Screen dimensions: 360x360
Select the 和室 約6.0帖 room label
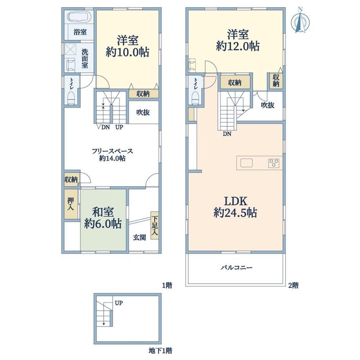(x=103, y=218)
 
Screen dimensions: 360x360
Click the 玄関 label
(x=140, y=238)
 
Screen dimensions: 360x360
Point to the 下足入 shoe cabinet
(x=155, y=225)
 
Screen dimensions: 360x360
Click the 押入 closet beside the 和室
(x=71, y=204)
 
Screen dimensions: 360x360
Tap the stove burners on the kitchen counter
(x=274, y=163)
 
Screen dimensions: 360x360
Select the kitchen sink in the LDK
(x=247, y=163)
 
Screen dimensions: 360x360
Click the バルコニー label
(x=236, y=268)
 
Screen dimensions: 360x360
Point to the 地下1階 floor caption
(x=160, y=351)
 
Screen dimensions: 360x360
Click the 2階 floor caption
(x=293, y=285)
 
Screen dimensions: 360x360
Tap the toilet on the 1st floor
(x=71, y=98)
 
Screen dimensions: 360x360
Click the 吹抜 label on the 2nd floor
(x=268, y=105)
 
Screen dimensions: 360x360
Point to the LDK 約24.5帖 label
(x=235, y=207)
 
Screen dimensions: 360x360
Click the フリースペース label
(x=112, y=151)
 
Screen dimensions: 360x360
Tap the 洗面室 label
(x=85, y=59)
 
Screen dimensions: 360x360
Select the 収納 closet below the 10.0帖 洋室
(x=144, y=94)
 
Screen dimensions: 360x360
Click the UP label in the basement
(x=119, y=303)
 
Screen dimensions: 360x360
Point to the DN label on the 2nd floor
(x=227, y=134)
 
